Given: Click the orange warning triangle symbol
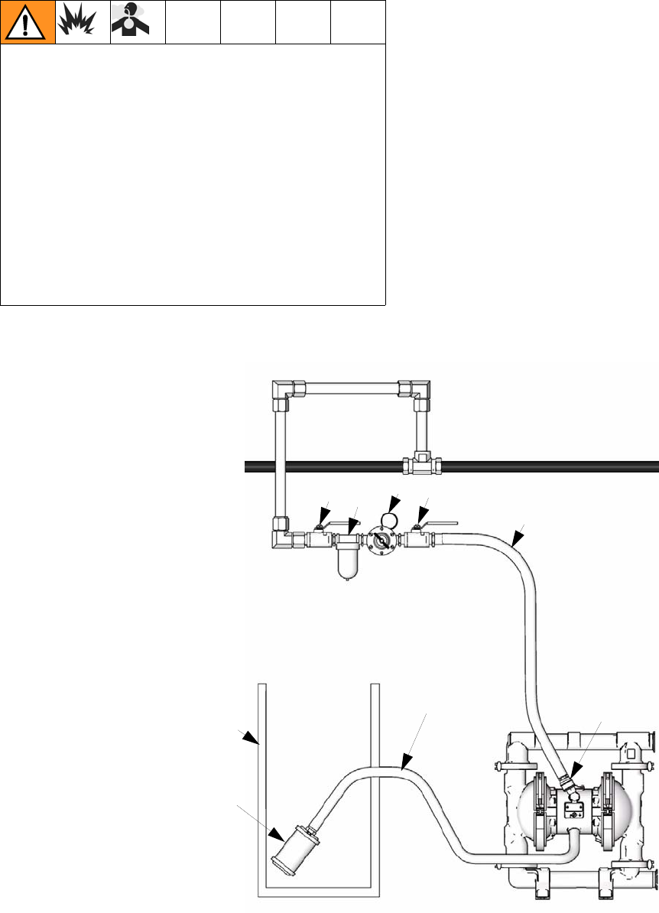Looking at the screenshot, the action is [x=28, y=22].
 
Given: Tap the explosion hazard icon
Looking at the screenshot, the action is [x=83, y=22].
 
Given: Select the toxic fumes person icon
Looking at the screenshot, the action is [x=138, y=22].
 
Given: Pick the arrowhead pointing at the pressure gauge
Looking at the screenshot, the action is [x=394, y=504].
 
